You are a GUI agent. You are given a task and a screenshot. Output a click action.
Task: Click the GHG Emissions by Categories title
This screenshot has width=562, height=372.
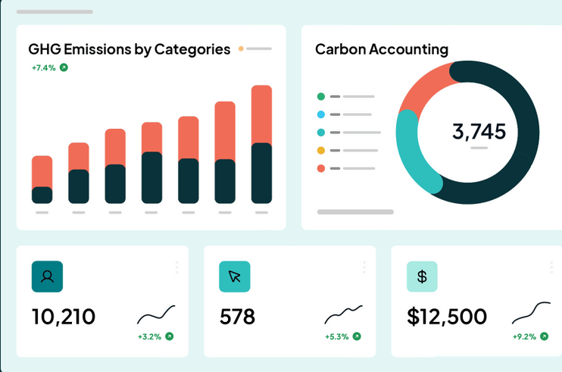[129, 49]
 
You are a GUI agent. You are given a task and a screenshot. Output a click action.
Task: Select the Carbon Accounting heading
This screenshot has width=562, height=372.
[382, 49]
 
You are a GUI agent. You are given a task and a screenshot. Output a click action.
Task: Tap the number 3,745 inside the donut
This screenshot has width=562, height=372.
[479, 132]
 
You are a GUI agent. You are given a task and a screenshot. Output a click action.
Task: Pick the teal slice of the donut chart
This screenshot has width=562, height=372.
[412, 154]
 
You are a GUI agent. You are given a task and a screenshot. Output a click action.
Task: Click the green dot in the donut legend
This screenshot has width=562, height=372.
[321, 96]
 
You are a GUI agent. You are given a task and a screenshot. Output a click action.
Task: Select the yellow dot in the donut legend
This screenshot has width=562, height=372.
[321, 151]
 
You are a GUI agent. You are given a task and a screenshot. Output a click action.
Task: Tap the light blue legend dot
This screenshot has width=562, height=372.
[321, 114]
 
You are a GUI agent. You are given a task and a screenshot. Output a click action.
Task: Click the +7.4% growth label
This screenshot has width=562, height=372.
[44, 67]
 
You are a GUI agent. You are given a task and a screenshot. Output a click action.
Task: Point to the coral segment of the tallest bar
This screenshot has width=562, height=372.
[261, 114]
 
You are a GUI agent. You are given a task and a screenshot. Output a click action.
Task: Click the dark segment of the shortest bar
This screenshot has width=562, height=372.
[42, 195]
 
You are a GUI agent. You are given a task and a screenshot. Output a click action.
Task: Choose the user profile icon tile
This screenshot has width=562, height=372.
[47, 277]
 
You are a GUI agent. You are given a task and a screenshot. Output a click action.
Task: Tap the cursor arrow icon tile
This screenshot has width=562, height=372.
[235, 277]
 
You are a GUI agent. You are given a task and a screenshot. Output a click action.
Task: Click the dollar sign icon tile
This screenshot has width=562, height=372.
[422, 277]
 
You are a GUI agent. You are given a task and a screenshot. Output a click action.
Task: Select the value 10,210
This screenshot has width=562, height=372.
[64, 317]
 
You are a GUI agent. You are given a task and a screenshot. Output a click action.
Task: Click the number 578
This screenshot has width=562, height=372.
[237, 317]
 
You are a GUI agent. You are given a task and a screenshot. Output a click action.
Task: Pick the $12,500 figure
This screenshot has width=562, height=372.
[447, 317]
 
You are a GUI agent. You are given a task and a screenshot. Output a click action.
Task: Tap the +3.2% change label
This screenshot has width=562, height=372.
[149, 337]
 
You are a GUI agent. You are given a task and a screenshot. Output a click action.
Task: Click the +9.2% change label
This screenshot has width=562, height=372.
[524, 337]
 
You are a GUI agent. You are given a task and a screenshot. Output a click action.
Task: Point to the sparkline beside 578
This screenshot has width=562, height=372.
[343, 313]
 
